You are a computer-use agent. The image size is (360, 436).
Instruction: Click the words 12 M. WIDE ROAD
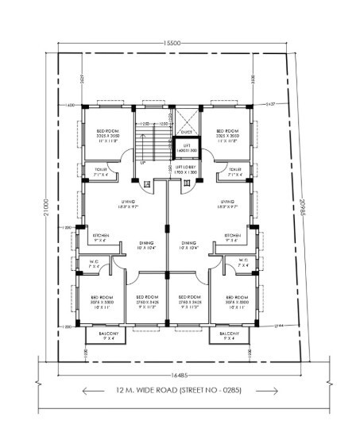(142, 391)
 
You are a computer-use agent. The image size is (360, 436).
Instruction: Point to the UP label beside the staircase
(141, 164)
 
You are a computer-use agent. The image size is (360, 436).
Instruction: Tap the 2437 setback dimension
(269, 104)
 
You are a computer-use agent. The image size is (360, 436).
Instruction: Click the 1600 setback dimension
(70, 104)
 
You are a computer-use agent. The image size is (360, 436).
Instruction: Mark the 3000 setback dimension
(252, 78)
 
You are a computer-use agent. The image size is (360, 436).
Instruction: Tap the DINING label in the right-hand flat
(188, 244)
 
